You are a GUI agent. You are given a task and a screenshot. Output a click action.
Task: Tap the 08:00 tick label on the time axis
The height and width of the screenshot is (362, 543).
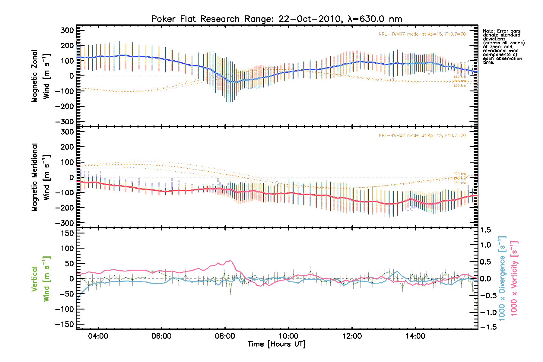225,336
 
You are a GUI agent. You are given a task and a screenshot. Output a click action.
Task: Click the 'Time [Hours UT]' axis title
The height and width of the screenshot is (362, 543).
276,344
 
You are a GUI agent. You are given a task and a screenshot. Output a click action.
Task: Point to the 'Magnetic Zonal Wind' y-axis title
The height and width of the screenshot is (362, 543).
40,76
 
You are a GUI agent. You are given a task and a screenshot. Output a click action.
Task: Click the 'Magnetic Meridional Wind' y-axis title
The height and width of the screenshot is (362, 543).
40,177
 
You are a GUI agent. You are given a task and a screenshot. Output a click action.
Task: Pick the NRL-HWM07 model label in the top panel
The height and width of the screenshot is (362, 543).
422,34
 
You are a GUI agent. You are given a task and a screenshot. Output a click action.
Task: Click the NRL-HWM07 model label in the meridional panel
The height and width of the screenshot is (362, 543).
422,135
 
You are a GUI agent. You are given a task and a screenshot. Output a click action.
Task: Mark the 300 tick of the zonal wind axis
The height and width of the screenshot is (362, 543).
67,30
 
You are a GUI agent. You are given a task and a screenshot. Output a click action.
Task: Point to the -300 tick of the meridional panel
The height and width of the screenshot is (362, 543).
65,223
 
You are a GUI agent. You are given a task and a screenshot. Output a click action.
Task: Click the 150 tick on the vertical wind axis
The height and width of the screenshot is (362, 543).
67,233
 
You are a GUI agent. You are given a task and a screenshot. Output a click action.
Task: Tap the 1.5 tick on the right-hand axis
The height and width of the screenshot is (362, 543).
486,230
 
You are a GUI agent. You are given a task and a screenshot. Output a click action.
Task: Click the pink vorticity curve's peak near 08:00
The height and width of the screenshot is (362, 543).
230,260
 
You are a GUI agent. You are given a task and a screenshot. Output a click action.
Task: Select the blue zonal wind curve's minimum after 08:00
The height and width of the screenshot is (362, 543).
236,82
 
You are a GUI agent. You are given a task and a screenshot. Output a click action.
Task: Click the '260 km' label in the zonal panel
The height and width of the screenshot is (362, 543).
459,86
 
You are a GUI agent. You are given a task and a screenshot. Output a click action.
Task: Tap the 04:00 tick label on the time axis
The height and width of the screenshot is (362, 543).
98,336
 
